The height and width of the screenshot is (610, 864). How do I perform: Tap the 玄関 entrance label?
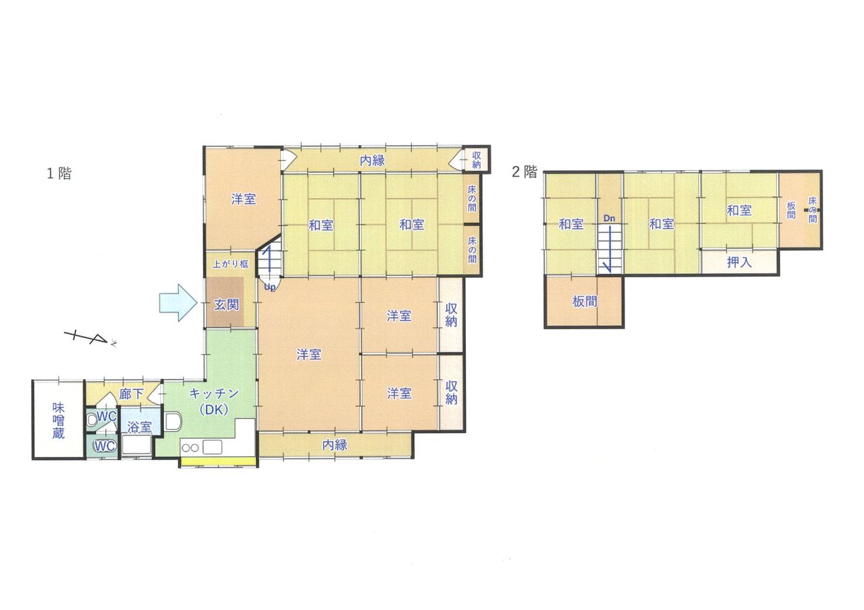226,304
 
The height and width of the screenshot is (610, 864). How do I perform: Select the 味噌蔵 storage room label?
58,420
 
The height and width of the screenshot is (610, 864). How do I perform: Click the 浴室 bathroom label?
139,427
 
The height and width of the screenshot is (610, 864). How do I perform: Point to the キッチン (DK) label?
214,401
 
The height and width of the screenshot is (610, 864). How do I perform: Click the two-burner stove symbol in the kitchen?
190,447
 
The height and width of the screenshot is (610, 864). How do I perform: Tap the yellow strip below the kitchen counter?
218,461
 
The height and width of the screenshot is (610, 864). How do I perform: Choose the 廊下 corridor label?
131,394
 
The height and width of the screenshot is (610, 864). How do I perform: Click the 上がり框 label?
230,264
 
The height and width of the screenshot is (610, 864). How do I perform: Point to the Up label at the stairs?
270,287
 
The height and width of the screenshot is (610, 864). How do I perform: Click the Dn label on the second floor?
609,218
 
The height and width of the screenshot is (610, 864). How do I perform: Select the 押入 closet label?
739,262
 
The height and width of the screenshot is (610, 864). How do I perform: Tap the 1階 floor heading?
59,173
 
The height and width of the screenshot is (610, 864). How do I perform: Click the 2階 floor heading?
524,171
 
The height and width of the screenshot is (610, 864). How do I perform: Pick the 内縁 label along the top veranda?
372,161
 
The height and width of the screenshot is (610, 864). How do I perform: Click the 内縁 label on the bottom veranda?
335,445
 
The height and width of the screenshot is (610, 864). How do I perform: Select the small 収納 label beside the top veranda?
477,160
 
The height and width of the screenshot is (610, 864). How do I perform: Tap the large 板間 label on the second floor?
585,301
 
